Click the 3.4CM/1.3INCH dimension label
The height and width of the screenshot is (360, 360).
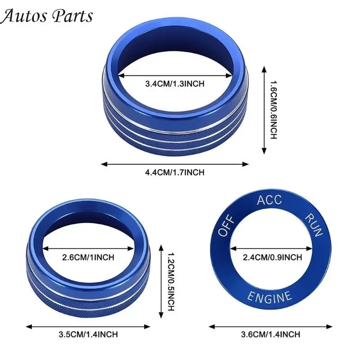click(175, 84)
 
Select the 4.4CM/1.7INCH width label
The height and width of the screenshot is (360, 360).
click(175, 172)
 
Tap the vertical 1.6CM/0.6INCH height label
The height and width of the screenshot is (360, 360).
click(273, 110)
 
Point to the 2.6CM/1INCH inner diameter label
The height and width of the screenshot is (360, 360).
click(88, 257)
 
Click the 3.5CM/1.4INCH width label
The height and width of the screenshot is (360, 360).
click(88, 334)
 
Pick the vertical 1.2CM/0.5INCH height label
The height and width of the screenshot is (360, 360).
click(171, 282)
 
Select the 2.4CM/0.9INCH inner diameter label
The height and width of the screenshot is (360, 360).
click(273, 257)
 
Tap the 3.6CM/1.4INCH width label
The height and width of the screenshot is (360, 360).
click(270, 334)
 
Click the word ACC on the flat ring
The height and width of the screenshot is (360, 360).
click(269, 200)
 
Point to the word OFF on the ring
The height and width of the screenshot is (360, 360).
click(226, 226)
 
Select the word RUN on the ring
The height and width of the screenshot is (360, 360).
click(314, 225)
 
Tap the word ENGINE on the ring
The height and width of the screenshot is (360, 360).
click(270, 297)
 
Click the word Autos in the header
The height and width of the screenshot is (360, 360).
click(22, 16)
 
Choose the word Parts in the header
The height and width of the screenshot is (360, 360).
click(72, 17)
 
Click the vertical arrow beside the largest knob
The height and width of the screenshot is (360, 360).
click(264, 110)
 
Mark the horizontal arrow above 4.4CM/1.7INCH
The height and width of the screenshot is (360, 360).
click(175, 164)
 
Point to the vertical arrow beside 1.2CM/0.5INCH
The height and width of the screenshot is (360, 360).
click(161, 282)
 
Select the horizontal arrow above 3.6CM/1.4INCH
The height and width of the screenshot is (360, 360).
click(270, 327)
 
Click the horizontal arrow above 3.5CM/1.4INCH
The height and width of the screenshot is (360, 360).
click(88, 327)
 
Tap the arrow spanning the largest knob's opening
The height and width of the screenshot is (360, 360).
click(175, 75)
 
